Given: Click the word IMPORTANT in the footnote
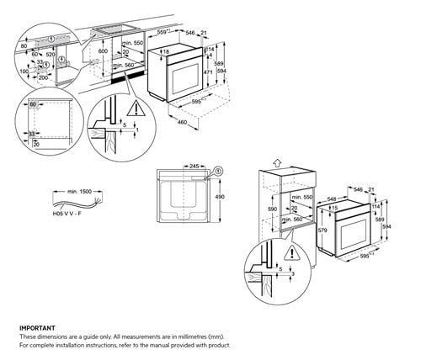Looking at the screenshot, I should pyautogui.click(x=38, y=328).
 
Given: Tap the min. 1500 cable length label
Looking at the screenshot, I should pyautogui.click(x=78, y=192).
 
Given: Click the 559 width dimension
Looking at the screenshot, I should pyautogui.click(x=166, y=33).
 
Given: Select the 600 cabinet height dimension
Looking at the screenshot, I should pyautogui.click(x=103, y=50).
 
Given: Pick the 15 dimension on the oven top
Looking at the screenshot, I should pyautogui.click(x=334, y=209).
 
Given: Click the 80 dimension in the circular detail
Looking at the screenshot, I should pyautogui.click(x=23, y=47).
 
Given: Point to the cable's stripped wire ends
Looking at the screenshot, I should pyautogui.click(x=100, y=203).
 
